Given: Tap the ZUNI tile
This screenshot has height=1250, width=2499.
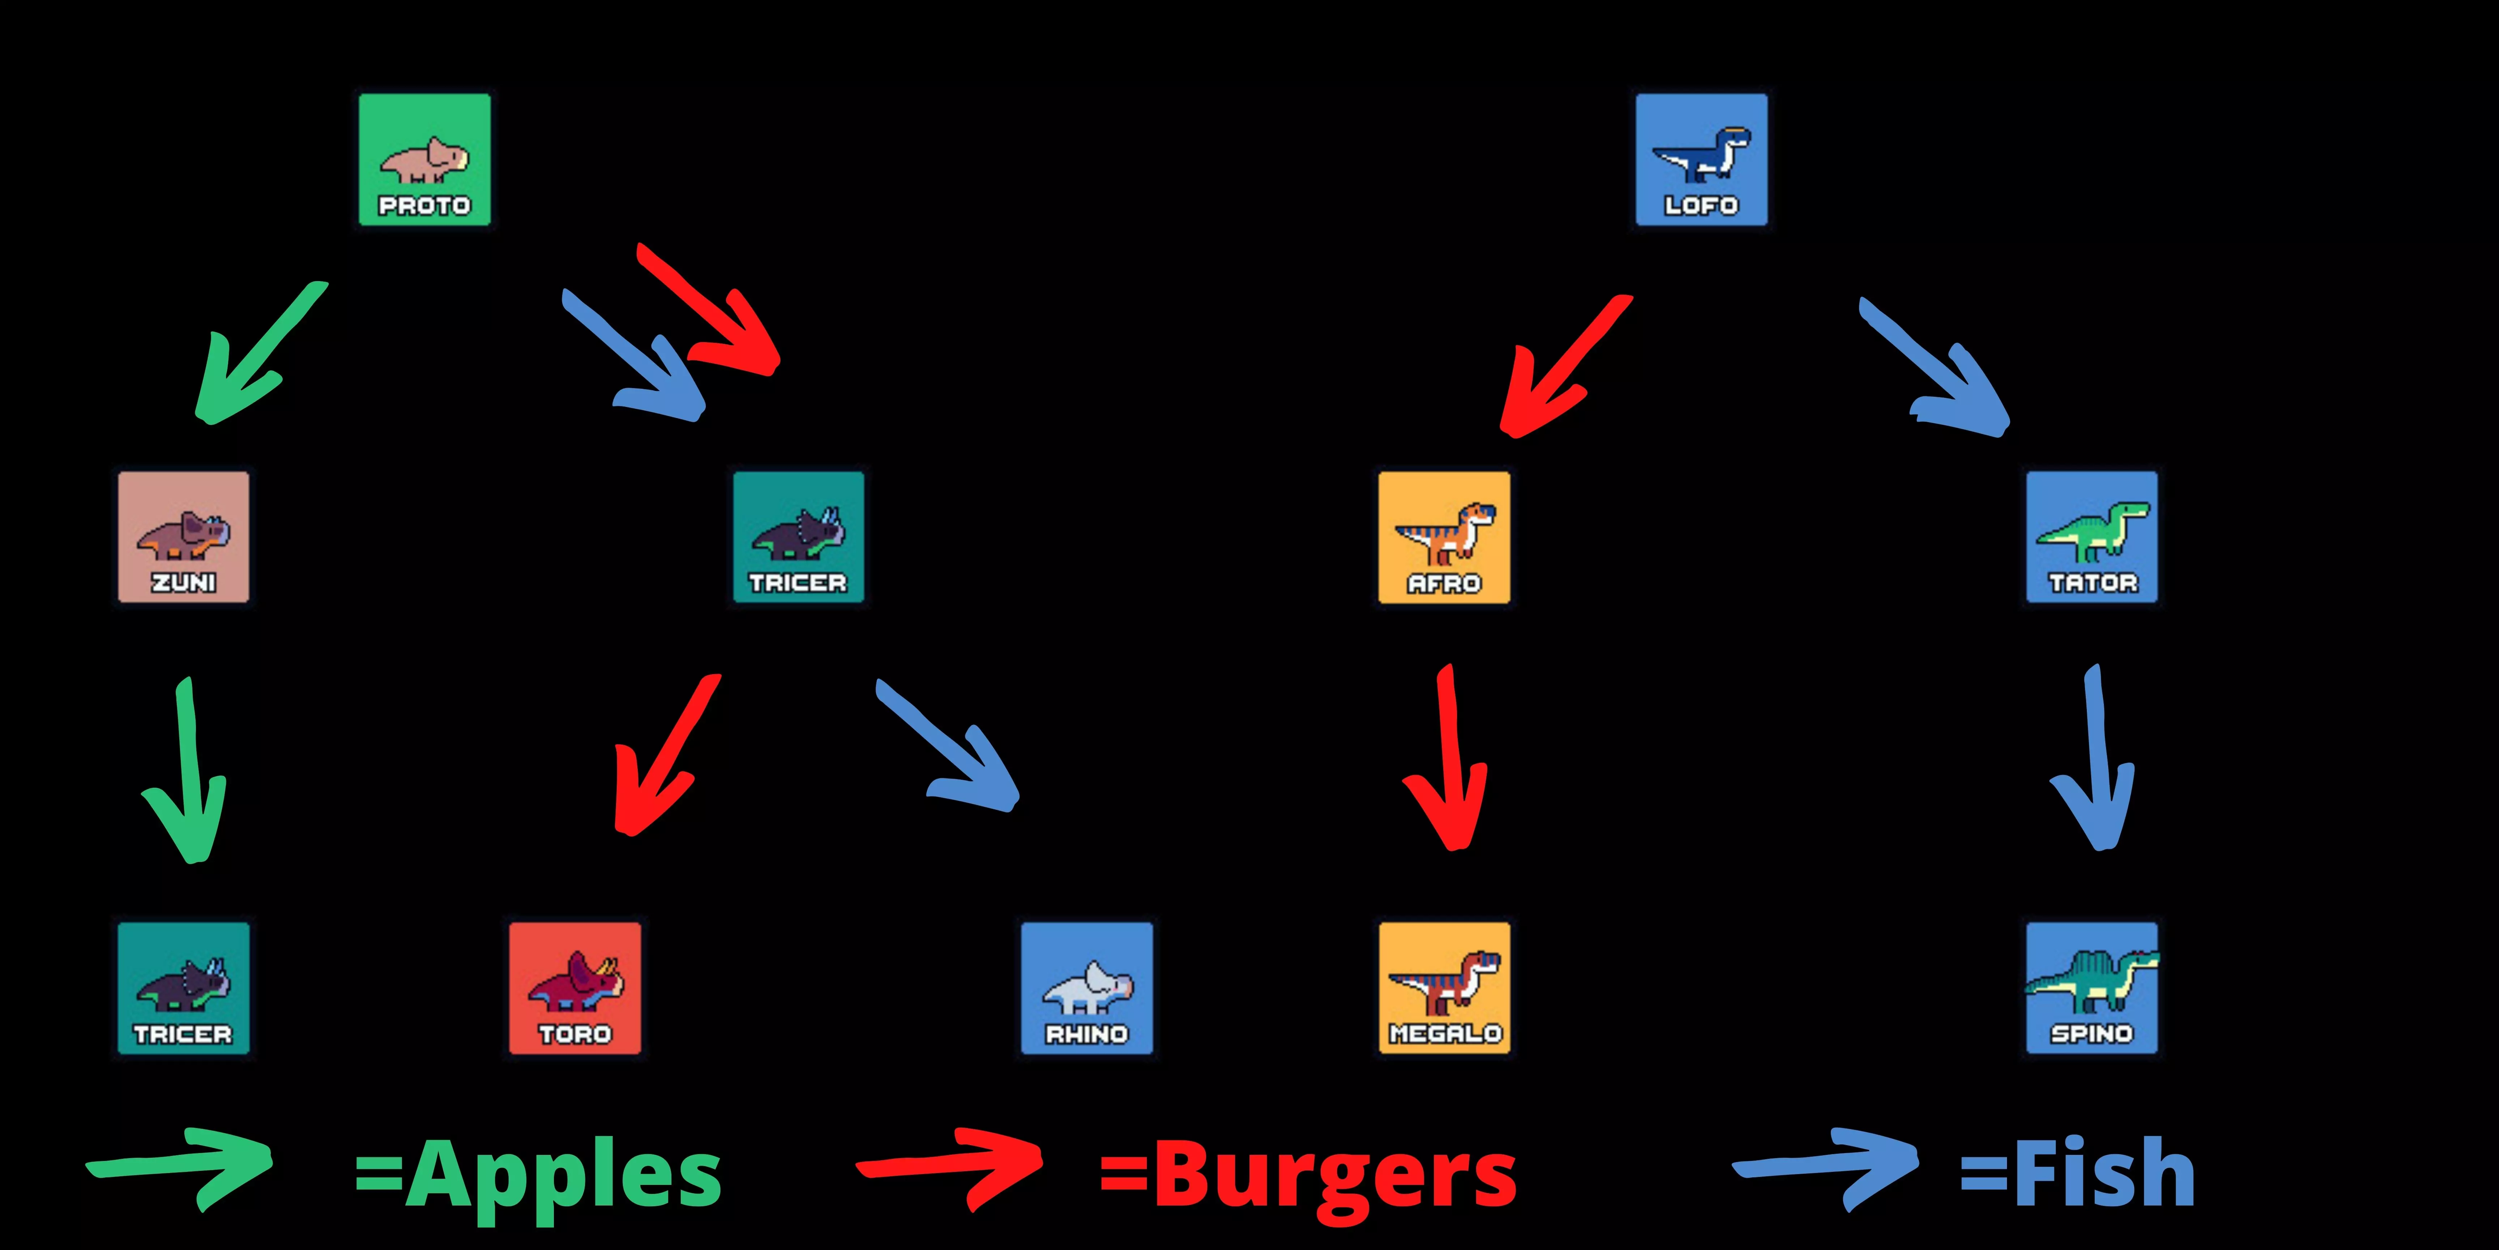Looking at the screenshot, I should [183, 537].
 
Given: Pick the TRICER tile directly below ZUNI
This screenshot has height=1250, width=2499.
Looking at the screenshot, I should [183, 988].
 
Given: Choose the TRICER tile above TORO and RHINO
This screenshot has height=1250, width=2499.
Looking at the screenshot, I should [798, 537].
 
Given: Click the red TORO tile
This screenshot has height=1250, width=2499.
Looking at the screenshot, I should [575, 988].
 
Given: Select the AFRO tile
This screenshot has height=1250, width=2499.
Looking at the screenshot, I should [1444, 537].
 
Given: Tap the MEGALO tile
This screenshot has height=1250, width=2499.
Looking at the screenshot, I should [1444, 988].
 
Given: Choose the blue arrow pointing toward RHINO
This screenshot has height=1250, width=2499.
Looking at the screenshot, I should [951, 747].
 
